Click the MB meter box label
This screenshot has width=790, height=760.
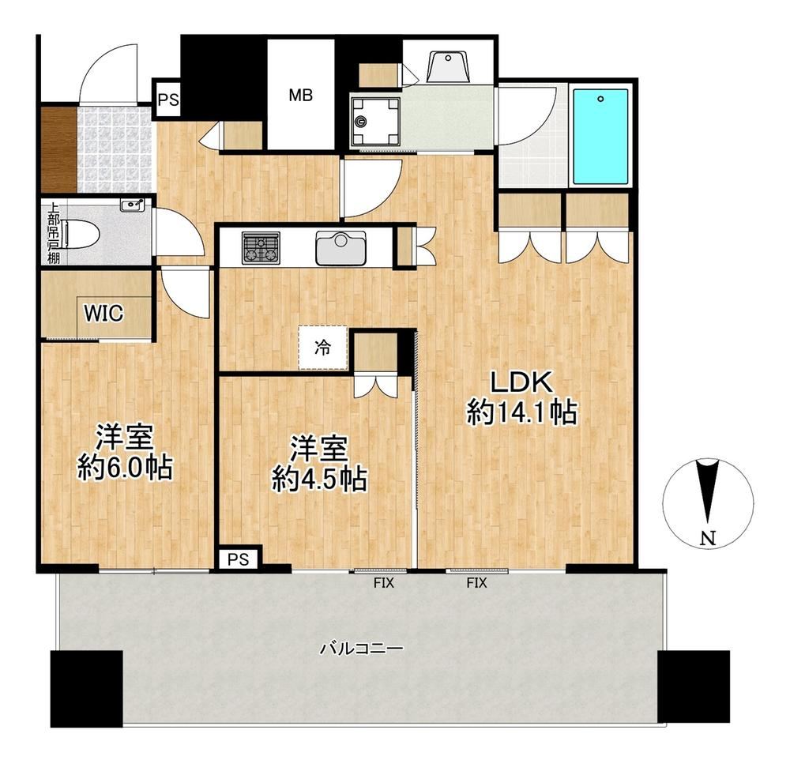[x=300, y=95]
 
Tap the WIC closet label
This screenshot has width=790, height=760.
[x=103, y=314]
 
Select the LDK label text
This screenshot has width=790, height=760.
[x=522, y=382]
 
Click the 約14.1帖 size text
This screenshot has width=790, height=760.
[x=522, y=412]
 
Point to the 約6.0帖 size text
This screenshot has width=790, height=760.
[x=125, y=468]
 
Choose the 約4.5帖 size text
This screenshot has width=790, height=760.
[x=319, y=479]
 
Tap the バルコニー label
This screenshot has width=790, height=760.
[x=362, y=648]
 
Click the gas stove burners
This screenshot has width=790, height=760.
[x=261, y=247]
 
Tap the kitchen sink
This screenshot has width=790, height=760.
[x=341, y=248]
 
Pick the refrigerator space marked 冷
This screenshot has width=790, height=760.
[x=322, y=348]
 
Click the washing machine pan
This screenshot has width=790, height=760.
[x=375, y=121]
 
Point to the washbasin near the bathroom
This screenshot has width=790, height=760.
[x=448, y=66]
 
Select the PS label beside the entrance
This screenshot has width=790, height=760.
[x=168, y=100]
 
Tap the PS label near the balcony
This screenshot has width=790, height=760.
[x=238, y=559]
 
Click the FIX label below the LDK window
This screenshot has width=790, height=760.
[x=476, y=583]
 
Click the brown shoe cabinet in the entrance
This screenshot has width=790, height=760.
[x=58, y=149]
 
